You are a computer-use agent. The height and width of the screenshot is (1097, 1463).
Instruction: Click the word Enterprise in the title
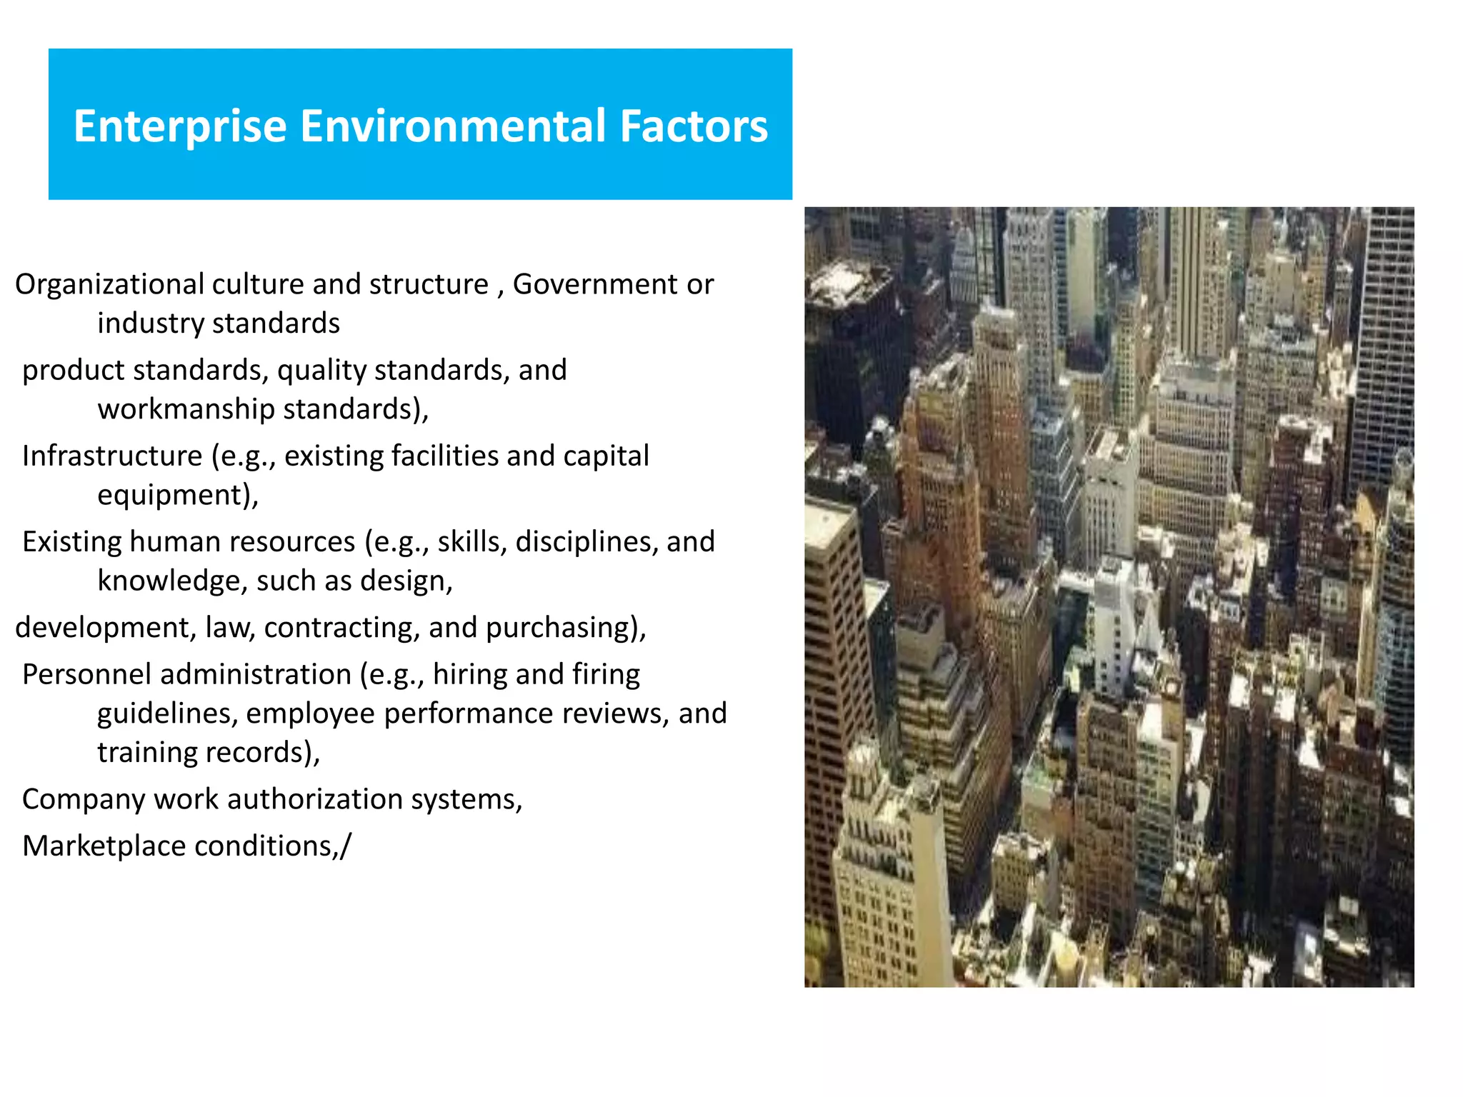180,127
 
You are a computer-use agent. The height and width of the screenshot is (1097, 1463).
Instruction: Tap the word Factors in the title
694,126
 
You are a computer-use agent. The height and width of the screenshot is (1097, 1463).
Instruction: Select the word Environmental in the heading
453,126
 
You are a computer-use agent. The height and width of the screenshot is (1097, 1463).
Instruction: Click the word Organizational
109,285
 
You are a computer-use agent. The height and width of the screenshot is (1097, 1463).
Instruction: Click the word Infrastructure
112,456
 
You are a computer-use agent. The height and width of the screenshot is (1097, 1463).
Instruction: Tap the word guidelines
167,713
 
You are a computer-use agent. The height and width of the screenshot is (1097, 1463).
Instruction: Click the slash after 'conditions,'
346,846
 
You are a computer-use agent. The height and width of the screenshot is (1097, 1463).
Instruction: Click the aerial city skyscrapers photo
1109,597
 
